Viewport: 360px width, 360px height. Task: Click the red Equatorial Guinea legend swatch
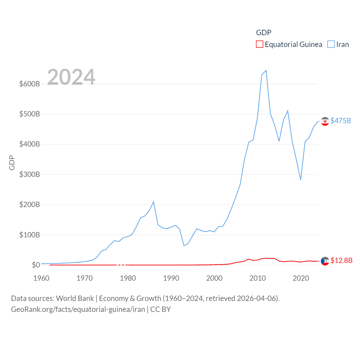[259, 44]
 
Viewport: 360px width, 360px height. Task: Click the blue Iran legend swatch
[331, 44]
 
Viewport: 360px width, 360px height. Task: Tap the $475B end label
[341, 121]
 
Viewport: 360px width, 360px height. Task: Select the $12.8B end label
[341, 260]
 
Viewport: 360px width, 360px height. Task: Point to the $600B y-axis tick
[30, 84]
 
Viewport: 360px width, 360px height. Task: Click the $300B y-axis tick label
[30, 174]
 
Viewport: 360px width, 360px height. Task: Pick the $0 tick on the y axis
[36, 265]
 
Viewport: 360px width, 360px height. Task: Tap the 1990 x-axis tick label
[171, 278]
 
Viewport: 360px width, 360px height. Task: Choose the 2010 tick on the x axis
[258, 278]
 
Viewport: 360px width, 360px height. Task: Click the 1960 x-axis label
[41, 278]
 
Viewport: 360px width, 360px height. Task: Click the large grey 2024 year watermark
[71, 77]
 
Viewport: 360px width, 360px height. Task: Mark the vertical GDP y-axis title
[12, 163]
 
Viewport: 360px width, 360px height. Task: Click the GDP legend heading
[264, 33]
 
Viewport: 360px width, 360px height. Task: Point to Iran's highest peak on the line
[266, 70]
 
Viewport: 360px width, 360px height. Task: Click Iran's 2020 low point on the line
[301, 180]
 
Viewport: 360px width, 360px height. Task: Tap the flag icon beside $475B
[325, 121]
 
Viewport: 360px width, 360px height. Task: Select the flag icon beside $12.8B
[325, 261]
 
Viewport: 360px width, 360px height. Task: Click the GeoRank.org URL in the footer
[78, 309]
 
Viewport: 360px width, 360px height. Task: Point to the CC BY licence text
[160, 309]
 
